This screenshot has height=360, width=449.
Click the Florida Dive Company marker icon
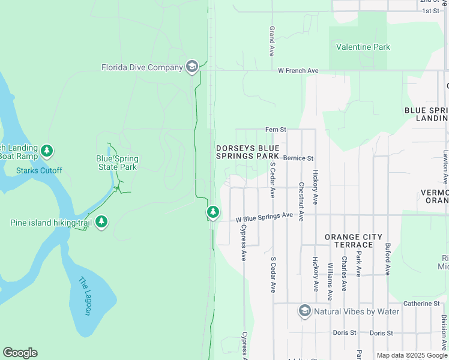pyautogui.click(x=192, y=67)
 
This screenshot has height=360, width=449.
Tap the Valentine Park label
pyautogui.click(x=363, y=47)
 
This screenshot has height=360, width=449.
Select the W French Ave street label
pyautogui.click(x=298, y=71)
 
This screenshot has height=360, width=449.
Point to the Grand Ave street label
pyautogui.click(x=273, y=41)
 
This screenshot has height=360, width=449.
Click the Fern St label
pyautogui.click(x=276, y=130)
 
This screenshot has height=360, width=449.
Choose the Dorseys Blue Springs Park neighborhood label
pyautogui.click(x=248, y=152)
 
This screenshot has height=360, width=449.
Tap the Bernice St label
pyautogui.click(x=298, y=158)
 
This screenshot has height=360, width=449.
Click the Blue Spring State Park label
pyautogui.click(x=118, y=163)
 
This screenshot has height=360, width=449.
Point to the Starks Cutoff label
pyautogui.click(x=39, y=170)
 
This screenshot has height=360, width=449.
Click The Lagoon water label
pyautogui.click(x=85, y=296)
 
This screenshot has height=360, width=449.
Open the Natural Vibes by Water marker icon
pyautogui.click(x=305, y=311)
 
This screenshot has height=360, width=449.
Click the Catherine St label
pyautogui.click(x=421, y=304)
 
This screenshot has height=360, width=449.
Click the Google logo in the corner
pyautogui.click(x=20, y=353)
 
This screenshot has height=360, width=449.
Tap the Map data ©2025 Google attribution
pyautogui.click(x=411, y=355)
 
